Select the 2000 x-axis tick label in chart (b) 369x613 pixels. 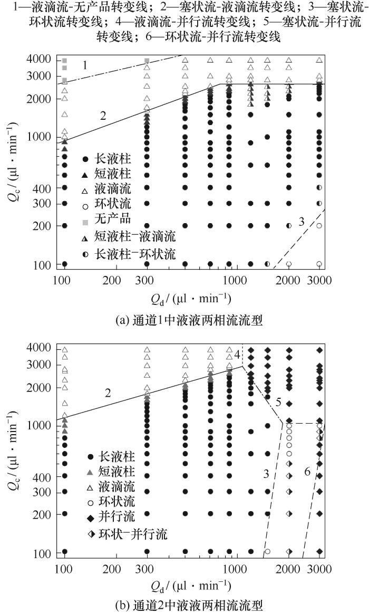(x=288, y=572)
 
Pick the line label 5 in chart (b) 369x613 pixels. (x=278, y=403)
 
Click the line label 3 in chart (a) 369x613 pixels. (x=302, y=222)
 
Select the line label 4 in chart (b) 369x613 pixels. (x=238, y=355)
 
